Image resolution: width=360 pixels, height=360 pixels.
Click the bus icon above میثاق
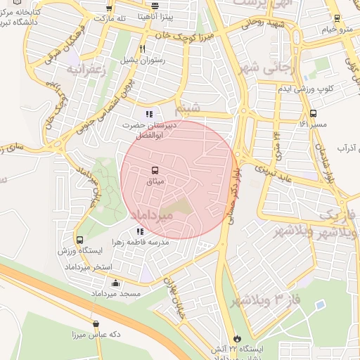click(154, 170)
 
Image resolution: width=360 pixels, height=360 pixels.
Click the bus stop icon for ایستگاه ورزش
click(79, 240)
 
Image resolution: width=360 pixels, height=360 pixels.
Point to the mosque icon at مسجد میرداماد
click(115, 283)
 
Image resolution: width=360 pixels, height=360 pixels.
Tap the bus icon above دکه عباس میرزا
click(96, 324)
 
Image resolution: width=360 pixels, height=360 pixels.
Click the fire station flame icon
click(235, 338)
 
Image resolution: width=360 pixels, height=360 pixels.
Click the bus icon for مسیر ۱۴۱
click(313, 113)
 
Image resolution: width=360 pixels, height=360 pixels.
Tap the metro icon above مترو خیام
click(337, 19)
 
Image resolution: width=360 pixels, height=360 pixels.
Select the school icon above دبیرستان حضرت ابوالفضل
click(148, 113)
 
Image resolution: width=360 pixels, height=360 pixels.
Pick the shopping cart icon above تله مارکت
click(108, 7)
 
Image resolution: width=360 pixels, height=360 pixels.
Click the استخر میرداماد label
click(84, 269)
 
